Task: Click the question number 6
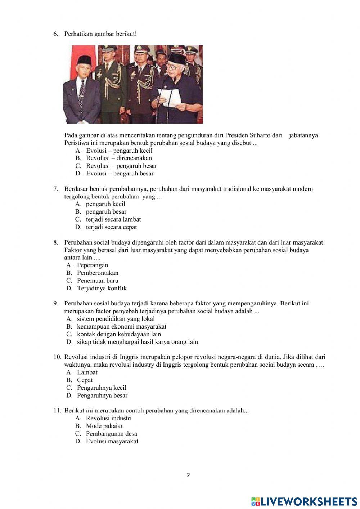pos(55,34)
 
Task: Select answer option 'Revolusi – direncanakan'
pos(119,158)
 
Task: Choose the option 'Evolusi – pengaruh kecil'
pos(119,151)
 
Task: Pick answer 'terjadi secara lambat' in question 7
pos(113,219)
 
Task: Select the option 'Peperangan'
pos(93,265)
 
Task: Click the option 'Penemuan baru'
pos(98,281)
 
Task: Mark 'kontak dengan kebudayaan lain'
pos(119,334)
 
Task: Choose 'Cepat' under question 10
pos(85,380)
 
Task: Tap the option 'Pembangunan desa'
pos(111,434)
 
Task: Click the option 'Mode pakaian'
pos(105,426)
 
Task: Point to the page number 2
pos(188,475)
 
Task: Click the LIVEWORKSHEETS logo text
pos(309,501)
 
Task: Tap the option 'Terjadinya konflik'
pos(102,289)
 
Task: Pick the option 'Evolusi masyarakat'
pos(112,442)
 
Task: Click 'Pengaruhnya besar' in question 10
pos(102,396)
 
